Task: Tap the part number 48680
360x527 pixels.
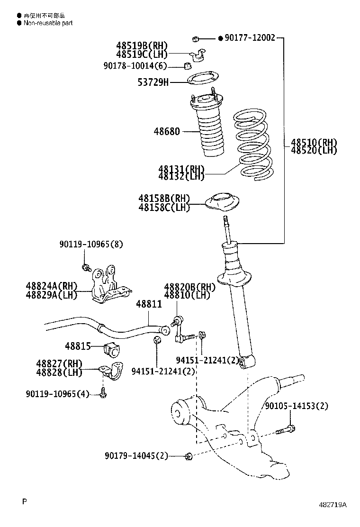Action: pos(166,131)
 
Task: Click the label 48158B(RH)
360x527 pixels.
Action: pos(164,199)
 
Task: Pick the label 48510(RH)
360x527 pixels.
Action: pos(314,142)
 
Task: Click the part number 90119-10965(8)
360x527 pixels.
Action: pos(91,245)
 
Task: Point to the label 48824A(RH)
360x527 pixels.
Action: pos(52,286)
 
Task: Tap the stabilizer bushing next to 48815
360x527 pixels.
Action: pos(112,349)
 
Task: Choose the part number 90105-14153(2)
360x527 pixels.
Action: pos(297,406)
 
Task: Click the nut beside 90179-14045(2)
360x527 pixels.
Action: pos(189,456)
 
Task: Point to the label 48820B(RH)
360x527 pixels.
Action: pos(189,287)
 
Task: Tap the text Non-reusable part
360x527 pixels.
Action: pos(48,23)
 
